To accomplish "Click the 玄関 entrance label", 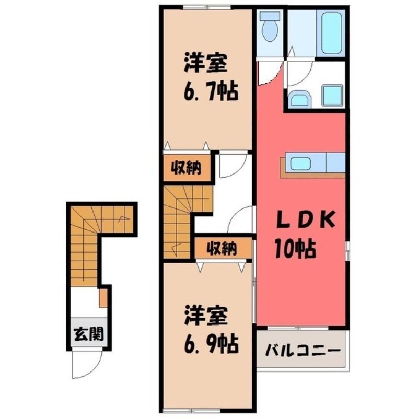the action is [x=88, y=334].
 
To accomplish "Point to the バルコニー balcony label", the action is [x=303, y=350].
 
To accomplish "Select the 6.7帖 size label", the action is [x=211, y=92].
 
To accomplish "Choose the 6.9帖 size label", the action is [x=211, y=344].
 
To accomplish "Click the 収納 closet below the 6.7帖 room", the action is [x=186, y=167].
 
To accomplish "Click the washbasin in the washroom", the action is [x=300, y=99].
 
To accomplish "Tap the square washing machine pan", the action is [x=333, y=96].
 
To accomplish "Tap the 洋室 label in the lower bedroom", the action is [x=205, y=316].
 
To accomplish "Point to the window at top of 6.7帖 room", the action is [x=207, y=7].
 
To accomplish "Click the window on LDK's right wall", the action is [x=347, y=250].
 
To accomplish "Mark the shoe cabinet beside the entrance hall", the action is [x=103, y=298].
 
